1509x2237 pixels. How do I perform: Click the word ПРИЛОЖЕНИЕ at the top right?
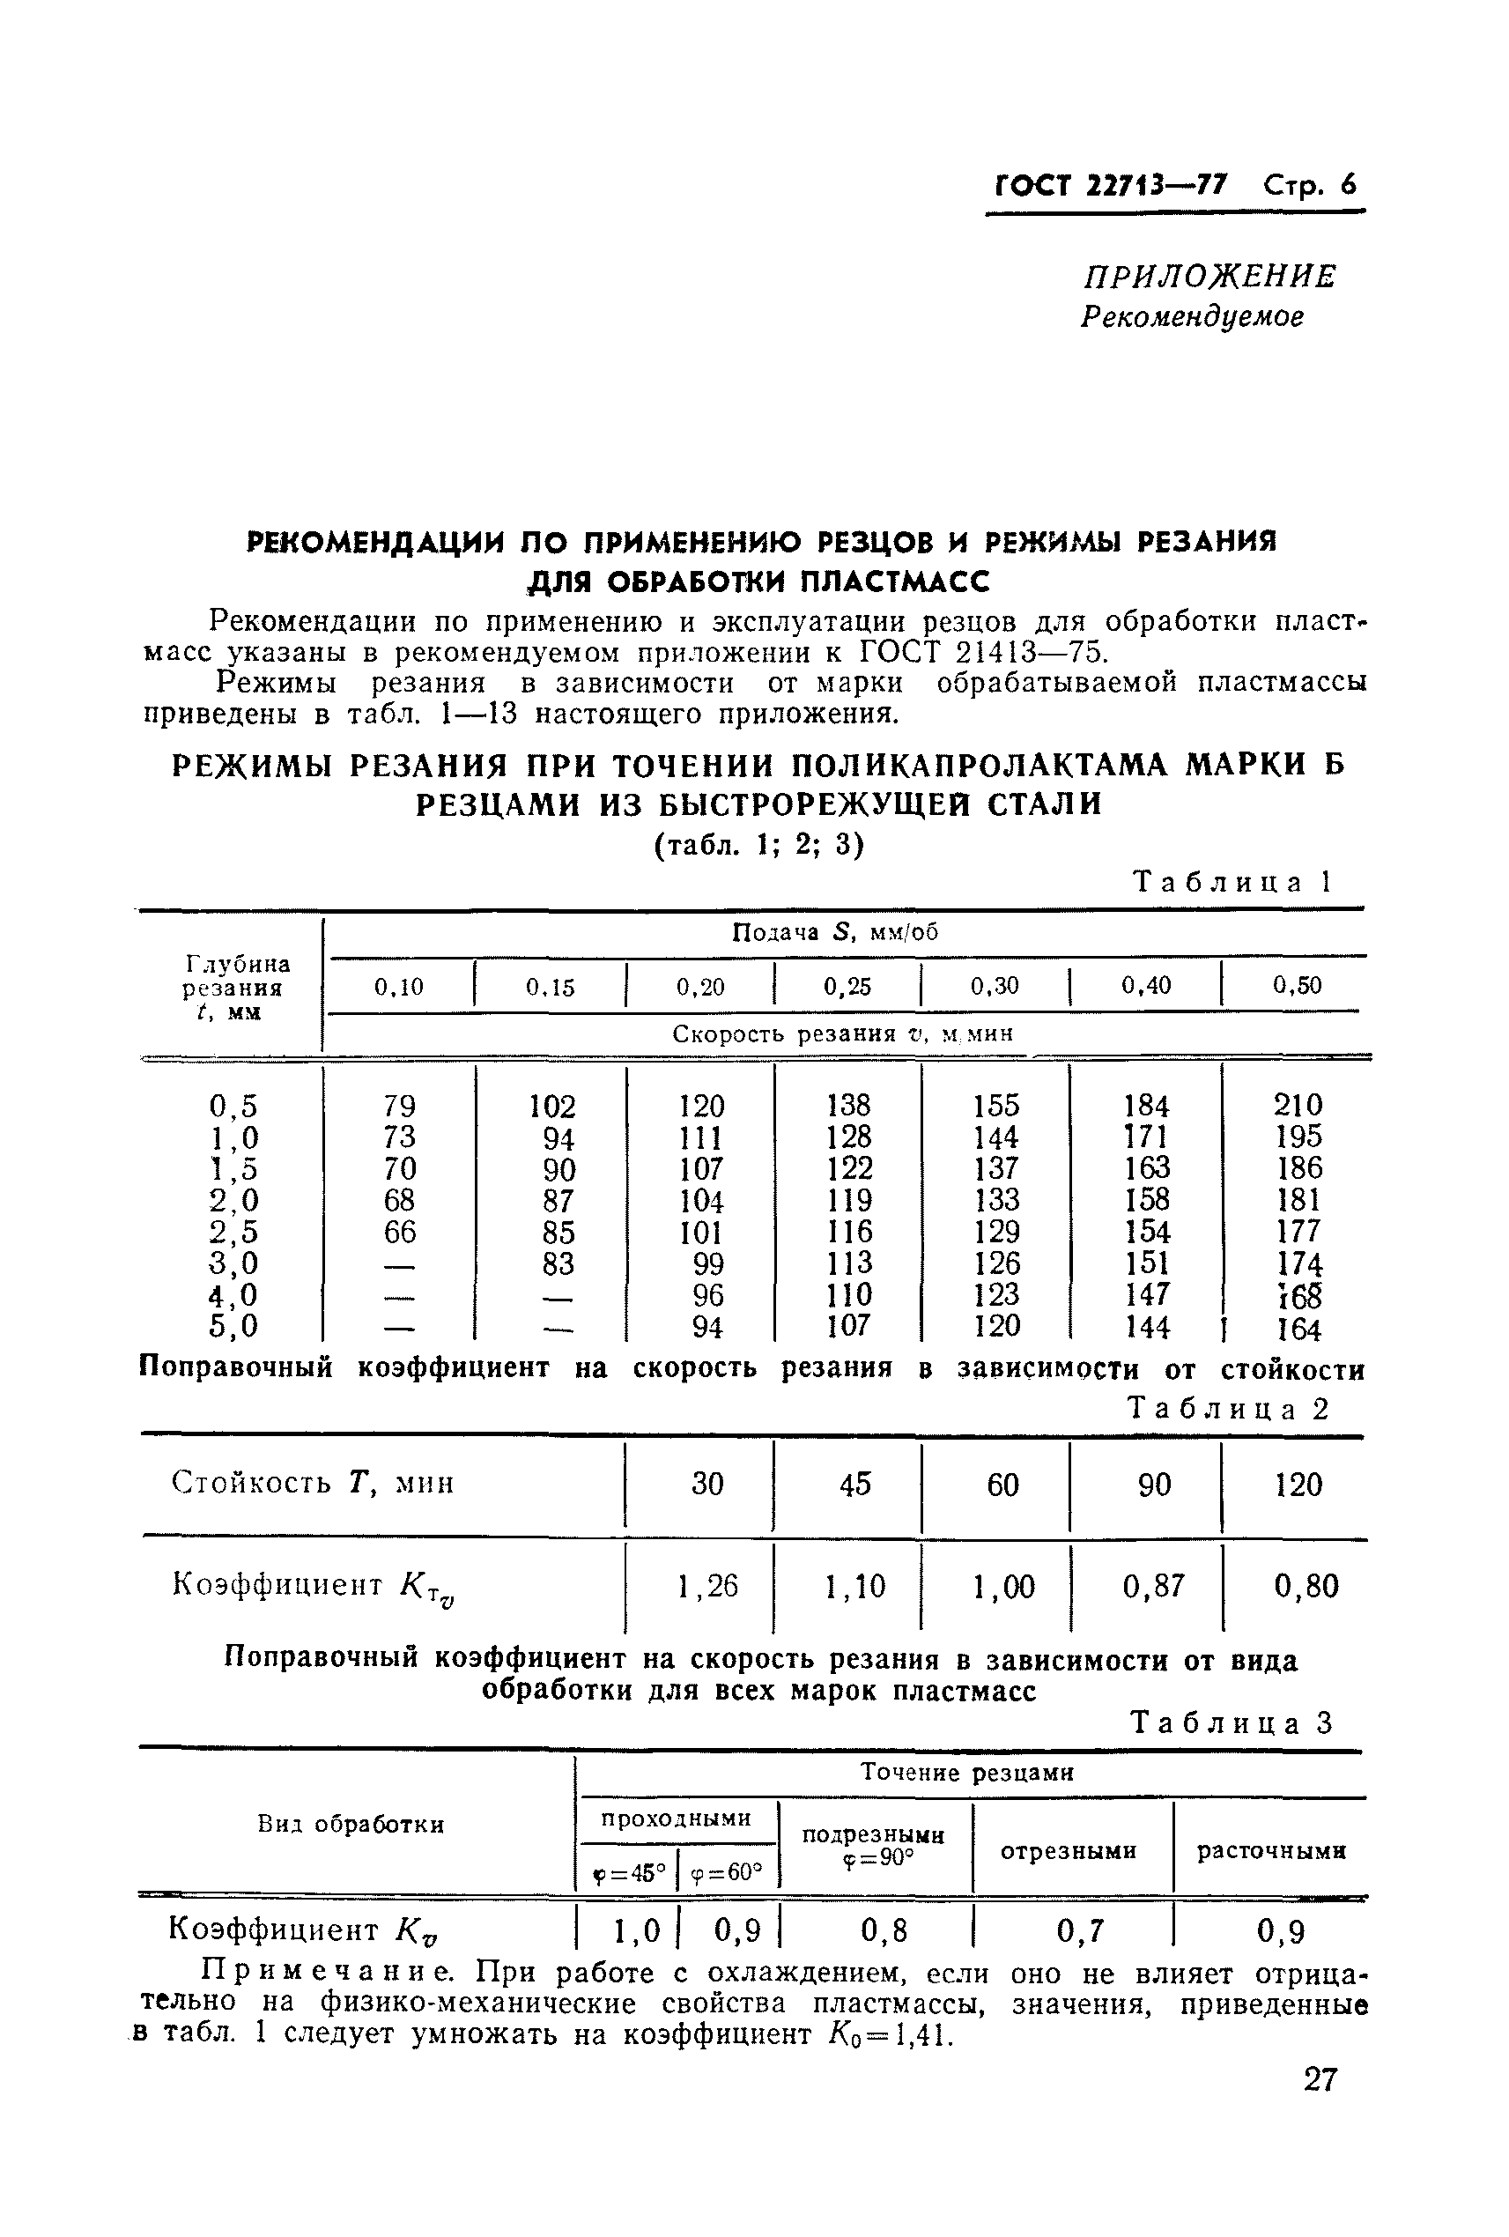pos(1209,278)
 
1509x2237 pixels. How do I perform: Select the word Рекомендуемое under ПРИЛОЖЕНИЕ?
pos(1193,315)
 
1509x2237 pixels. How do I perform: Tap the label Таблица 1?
pos(1232,882)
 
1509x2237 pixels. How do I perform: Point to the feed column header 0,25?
pos(847,986)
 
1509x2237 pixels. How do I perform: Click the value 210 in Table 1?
pos(1298,1104)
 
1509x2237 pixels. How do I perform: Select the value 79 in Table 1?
pos(398,1105)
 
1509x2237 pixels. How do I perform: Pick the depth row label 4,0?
pos(233,1294)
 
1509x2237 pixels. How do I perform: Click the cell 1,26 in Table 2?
pos(706,1585)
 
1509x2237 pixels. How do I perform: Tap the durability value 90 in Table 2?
pos(1154,1485)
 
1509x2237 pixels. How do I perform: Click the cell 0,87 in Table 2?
pos(1153,1585)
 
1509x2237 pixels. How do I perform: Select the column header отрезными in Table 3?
pos(1069,1850)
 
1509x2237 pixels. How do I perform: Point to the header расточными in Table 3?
pos(1270,1850)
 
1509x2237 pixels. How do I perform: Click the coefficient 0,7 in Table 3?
pos(1080,1930)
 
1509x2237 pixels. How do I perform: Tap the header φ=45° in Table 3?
pos(629,1873)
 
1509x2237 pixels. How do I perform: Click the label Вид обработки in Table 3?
pos(351,1824)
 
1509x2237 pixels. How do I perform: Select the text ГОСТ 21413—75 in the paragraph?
pos(977,653)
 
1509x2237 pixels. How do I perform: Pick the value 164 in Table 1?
pos(1298,1330)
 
